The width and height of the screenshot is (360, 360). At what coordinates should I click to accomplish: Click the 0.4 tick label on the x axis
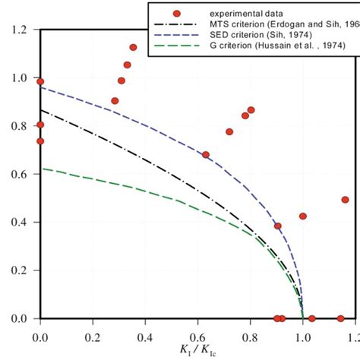pos(145,333)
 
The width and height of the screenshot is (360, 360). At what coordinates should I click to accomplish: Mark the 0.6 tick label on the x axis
pos(197,333)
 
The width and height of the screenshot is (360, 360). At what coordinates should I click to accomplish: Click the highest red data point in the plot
pos(133,47)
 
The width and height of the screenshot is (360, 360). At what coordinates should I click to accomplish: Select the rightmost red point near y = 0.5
pos(345,200)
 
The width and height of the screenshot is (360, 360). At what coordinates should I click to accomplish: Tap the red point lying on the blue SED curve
pos(206,155)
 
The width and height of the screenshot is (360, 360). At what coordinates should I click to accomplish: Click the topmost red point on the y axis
pos(40,81)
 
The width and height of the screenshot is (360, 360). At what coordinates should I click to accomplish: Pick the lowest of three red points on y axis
pos(40,141)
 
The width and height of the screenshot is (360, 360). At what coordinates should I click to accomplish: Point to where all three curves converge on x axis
pos(302,318)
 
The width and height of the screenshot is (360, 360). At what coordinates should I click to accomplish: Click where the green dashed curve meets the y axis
pos(41,169)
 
